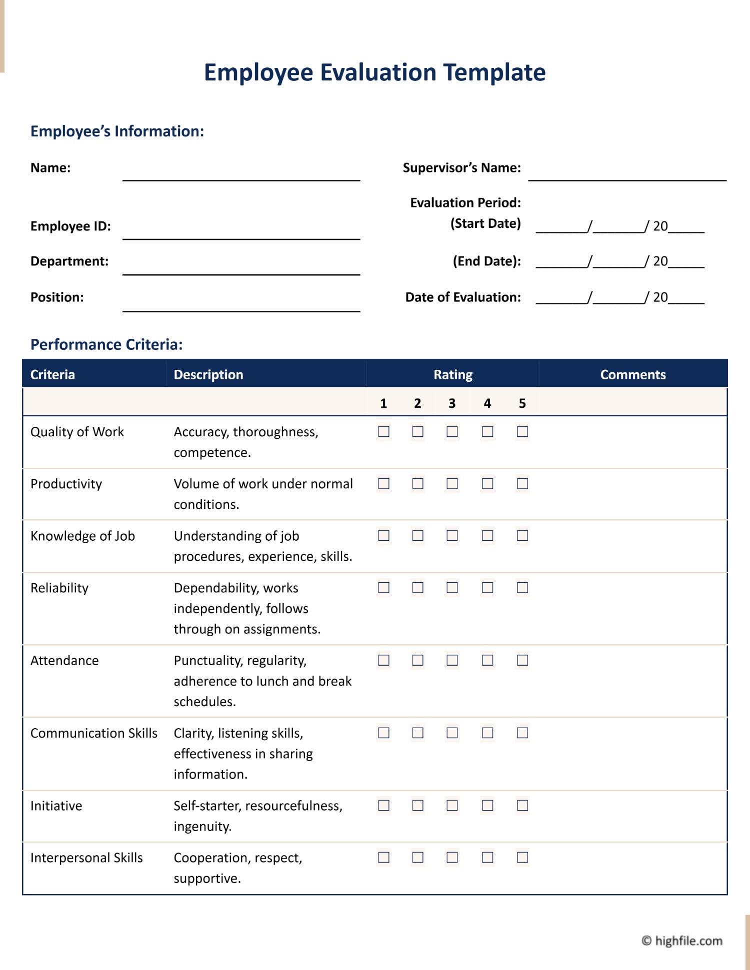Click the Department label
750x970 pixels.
(x=69, y=261)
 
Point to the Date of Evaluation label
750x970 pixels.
(x=462, y=297)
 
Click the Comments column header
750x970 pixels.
(x=632, y=375)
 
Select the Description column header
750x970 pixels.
(x=208, y=375)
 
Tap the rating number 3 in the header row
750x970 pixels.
(x=452, y=403)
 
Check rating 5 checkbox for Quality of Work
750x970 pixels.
(x=522, y=432)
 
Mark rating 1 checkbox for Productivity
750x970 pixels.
(x=383, y=484)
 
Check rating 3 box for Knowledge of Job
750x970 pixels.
(x=452, y=536)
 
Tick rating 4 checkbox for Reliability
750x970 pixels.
(x=487, y=588)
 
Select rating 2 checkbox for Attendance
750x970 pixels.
(x=417, y=660)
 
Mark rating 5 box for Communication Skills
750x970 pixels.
(x=522, y=733)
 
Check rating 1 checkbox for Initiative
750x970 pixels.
(x=383, y=805)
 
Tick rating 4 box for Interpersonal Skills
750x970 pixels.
(x=487, y=858)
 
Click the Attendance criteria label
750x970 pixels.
(x=64, y=661)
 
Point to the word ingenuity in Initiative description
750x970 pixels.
(x=202, y=827)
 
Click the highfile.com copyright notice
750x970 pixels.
(x=682, y=941)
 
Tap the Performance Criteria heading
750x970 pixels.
(x=106, y=345)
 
